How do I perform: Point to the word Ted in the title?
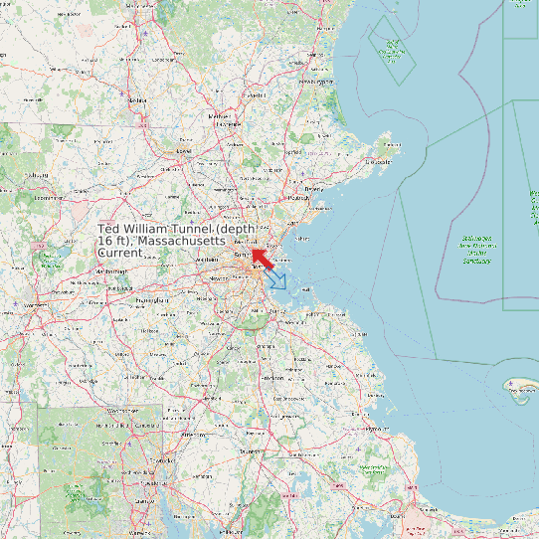[x=109, y=230]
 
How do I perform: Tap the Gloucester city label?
[x=380, y=162]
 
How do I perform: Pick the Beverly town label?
[x=314, y=188]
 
